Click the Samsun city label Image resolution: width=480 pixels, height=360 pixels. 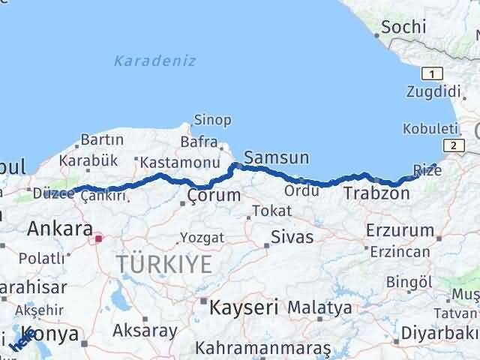[277, 158]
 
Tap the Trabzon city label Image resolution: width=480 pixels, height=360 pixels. [376, 194]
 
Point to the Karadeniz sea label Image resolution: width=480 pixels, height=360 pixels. [155, 61]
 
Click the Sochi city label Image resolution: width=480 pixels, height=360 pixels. [404, 28]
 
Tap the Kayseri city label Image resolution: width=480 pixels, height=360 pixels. [244, 307]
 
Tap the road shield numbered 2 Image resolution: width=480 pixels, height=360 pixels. [451, 145]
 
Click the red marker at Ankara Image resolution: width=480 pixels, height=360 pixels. [98, 239]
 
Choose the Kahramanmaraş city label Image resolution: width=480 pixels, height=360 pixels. [262, 349]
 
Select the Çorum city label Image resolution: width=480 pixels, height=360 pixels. [214, 196]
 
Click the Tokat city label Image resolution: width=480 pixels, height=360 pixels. [272, 211]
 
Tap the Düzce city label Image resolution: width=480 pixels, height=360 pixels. [52, 193]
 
